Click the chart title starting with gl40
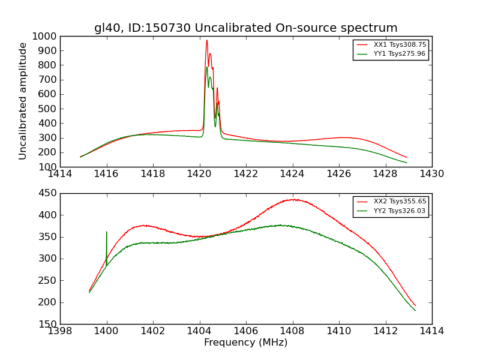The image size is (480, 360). tap(245, 28)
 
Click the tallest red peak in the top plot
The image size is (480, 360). tap(206, 41)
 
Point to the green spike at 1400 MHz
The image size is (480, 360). tap(107, 233)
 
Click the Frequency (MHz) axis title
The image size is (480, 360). tap(245, 343)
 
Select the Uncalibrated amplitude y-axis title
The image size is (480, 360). tap(23, 101)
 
